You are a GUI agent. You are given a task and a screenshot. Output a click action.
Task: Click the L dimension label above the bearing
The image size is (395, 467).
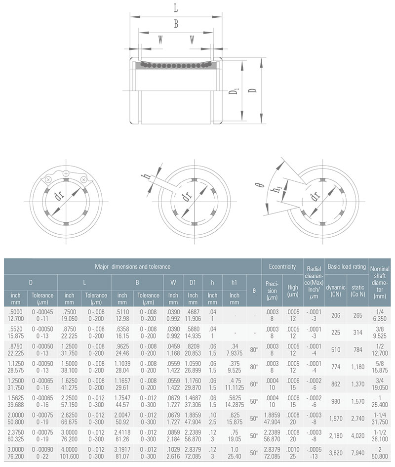click(176, 8)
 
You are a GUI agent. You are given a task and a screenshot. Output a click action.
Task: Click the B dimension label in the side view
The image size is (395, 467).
click(176, 24)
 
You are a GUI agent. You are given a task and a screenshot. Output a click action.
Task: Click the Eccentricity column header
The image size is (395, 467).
click(282, 266)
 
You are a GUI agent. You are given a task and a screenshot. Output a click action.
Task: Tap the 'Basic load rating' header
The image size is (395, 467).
click(347, 266)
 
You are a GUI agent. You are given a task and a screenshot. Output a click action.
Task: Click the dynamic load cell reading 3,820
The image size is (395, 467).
click(336, 453)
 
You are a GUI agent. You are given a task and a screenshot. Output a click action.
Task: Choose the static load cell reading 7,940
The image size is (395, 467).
click(357, 453)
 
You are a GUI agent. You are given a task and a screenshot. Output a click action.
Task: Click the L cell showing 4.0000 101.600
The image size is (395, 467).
click(69, 453)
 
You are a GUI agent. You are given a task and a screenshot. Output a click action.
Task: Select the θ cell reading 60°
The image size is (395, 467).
click(254, 383)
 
